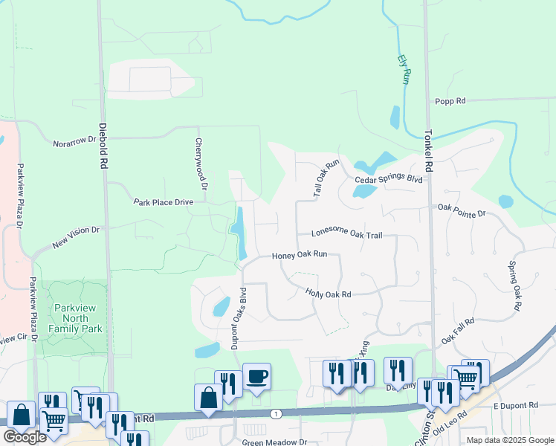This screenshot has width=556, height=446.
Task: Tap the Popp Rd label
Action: (x=450, y=101)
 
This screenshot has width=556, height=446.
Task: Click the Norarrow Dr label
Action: (x=74, y=140)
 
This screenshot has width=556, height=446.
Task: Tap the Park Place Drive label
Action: (x=163, y=201)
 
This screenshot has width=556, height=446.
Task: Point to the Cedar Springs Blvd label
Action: (x=388, y=178)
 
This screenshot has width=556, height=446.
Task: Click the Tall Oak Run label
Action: (x=326, y=178)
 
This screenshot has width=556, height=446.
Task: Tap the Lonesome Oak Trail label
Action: (x=346, y=234)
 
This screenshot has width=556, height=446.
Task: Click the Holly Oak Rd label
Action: (x=328, y=294)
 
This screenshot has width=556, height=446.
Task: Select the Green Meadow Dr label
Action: (x=274, y=442)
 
